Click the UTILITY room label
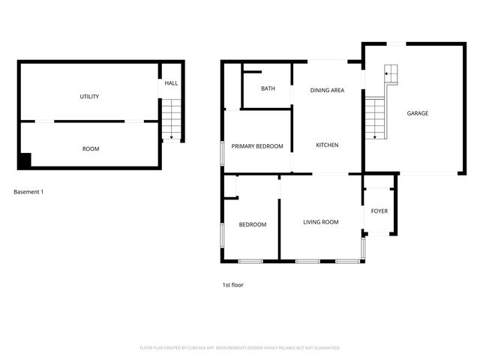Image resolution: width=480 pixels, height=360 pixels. coord(90,97)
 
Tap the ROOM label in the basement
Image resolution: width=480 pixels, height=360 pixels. coord(90,149)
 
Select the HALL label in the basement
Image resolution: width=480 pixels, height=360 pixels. coord(171,83)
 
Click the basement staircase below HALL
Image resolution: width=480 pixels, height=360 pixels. coord(172,119)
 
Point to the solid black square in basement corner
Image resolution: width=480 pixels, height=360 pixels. coord(25,160)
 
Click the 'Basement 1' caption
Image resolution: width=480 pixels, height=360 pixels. coord(28,192)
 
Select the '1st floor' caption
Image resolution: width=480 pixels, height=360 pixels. coord(232,285)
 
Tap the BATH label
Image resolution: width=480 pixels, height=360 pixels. coord(268,88)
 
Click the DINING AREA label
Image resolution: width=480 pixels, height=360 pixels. coord(327,91)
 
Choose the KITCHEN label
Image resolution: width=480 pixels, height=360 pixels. coord(327,145)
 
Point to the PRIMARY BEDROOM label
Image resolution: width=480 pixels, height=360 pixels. coord(257,146)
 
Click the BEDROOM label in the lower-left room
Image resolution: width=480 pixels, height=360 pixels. coord(253,224)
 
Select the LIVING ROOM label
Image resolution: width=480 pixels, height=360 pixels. coord(321,222)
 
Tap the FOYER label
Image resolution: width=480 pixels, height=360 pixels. coord(379,211)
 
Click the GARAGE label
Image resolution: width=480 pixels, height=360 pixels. coord(418,113)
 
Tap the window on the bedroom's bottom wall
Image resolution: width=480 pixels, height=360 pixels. coord(250,261)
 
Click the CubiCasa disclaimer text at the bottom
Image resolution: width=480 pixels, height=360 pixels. coord(240,348)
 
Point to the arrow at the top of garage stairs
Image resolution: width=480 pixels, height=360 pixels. coord(388,73)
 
